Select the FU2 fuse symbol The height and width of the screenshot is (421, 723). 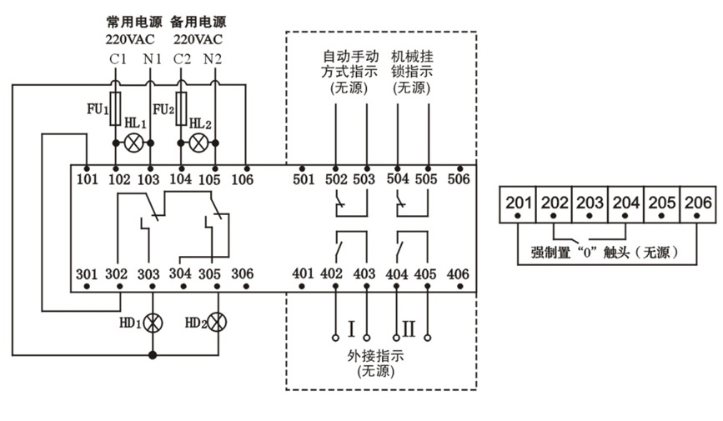tap(181, 108)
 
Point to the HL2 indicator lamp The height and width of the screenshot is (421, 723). tap(198, 143)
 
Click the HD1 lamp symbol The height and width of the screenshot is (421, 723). tap(152, 321)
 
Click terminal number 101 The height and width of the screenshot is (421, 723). tap(87, 178)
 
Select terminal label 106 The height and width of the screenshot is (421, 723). tap(243, 178)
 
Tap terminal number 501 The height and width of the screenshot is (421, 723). tap(304, 178)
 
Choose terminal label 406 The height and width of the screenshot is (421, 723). tap(458, 273)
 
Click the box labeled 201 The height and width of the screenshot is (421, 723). tap(517, 203)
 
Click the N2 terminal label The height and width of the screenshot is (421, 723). tap(213, 58)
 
